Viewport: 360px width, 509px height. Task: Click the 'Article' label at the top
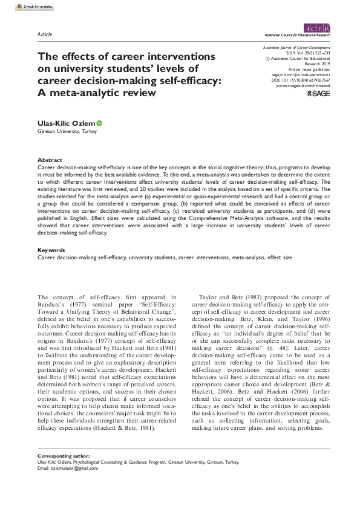pos(44,35)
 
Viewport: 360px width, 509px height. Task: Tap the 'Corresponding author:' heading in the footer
pos(64,472)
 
